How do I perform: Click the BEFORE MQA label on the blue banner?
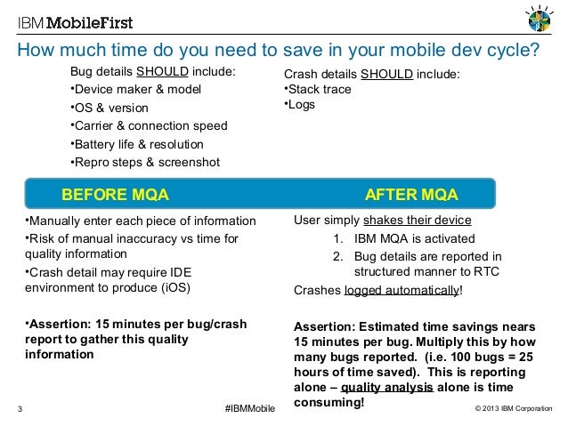(114, 195)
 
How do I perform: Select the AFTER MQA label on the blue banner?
(411, 195)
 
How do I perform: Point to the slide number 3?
(20, 409)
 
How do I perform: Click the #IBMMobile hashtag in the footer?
(251, 408)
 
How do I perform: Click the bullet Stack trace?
(319, 89)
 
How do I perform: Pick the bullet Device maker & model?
(136, 90)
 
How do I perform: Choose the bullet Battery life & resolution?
(138, 144)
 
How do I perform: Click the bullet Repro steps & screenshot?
(146, 162)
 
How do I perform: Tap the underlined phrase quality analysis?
(387, 388)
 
